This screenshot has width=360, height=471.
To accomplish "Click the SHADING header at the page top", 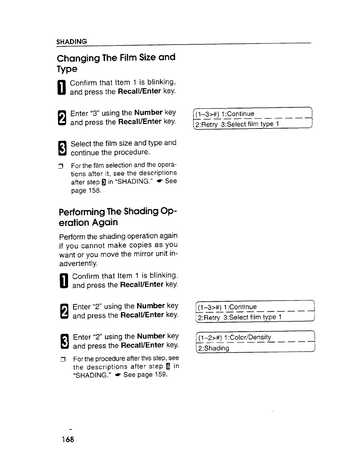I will point(72,41).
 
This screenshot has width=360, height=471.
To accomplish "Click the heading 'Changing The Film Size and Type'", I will point(116,63).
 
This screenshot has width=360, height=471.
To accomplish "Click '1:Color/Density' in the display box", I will point(250,337).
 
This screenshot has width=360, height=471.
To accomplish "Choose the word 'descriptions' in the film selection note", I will point(158,173).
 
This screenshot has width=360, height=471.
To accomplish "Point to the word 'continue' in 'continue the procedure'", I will point(85,153).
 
